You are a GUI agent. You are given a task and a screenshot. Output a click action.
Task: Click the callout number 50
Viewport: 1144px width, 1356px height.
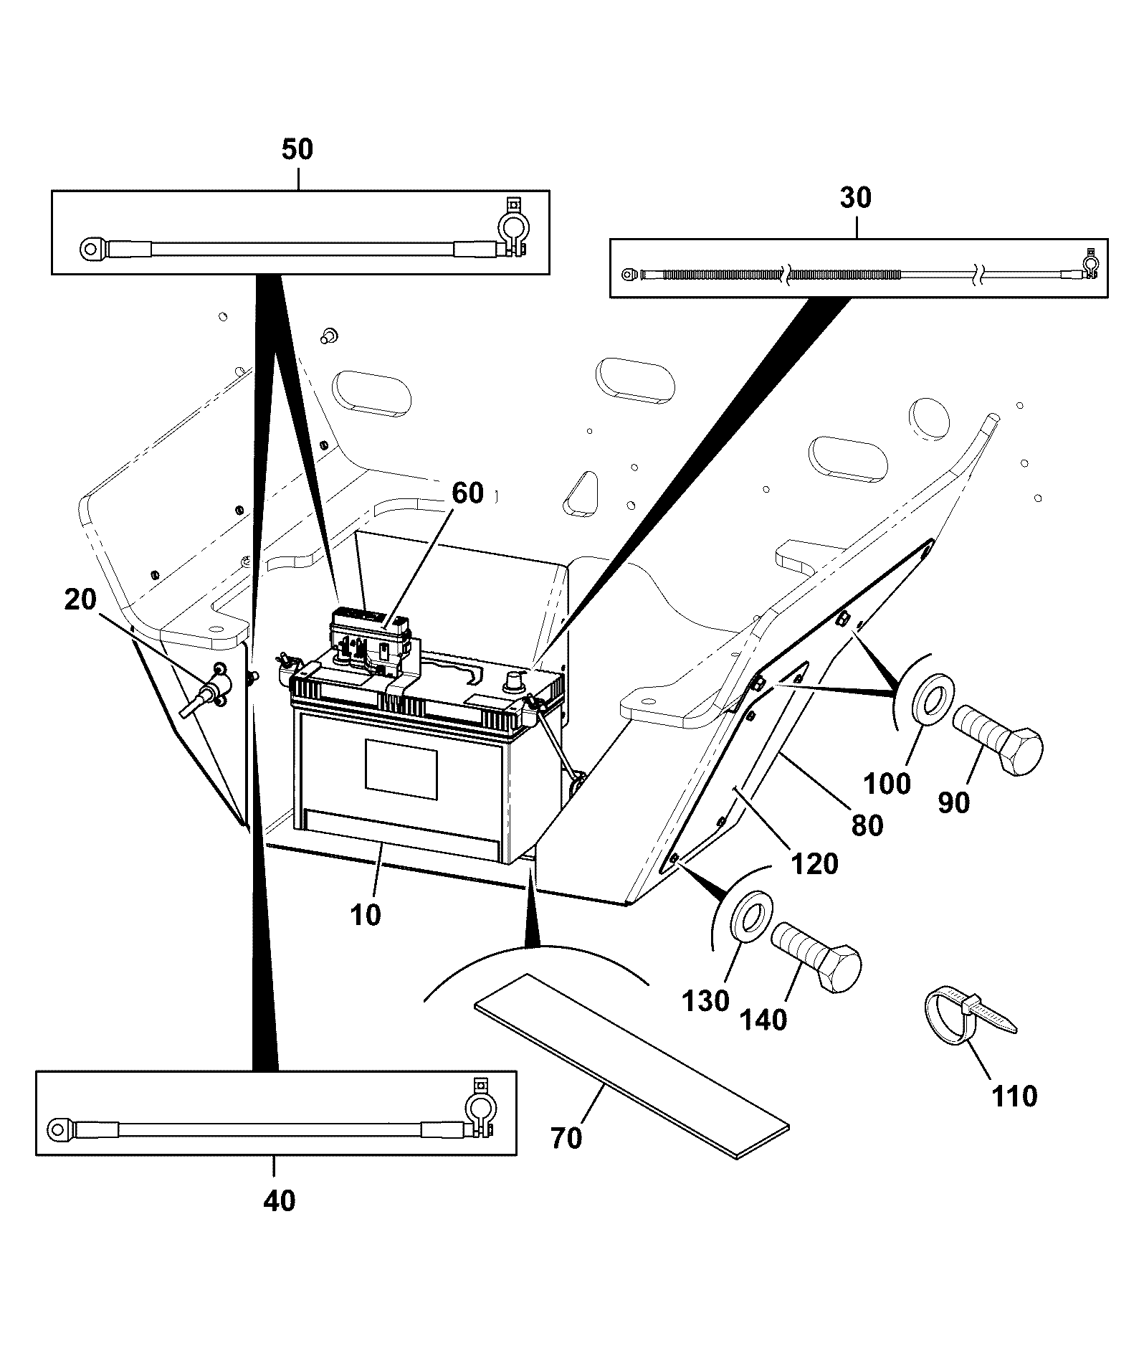coord(297,150)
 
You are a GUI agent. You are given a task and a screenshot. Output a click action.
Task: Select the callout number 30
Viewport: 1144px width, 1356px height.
coord(855,197)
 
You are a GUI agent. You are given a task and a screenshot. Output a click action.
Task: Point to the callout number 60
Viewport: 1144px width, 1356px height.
coord(467,493)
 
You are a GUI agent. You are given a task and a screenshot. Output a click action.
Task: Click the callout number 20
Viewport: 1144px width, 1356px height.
coord(80,599)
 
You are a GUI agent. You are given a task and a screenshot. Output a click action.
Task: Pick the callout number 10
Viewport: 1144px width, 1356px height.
coord(366,915)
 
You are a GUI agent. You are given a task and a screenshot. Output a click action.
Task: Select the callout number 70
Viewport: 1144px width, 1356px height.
coord(567,1138)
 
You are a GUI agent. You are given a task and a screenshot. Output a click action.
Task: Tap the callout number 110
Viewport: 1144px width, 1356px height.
coord(1014,1096)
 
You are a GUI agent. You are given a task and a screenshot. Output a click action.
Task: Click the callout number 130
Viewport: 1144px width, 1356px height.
coord(706,1001)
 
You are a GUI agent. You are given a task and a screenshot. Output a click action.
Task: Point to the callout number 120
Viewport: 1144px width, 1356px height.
coord(815,864)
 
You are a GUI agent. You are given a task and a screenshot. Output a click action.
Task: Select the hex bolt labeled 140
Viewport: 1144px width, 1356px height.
coord(816,957)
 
